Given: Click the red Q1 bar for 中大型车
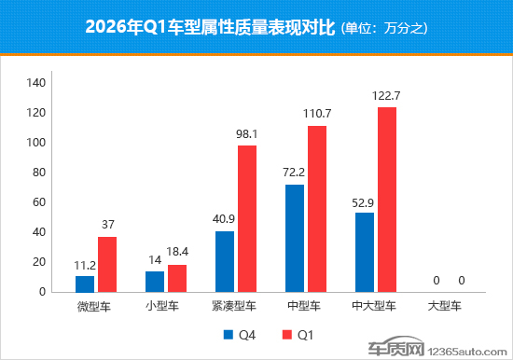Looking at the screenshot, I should tap(386, 200).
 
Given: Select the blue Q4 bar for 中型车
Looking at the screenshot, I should tap(295, 238).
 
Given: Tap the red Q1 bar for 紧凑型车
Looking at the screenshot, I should tap(247, 218).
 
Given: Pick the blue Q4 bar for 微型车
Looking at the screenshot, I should tap(85, 284).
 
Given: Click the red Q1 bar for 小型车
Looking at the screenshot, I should tap(177, 278).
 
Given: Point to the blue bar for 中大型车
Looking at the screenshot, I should tap(365, 252).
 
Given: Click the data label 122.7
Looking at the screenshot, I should tap(386, 96).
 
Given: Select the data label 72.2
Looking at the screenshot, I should tap(295, 173).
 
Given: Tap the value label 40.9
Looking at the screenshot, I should tap(225, 220).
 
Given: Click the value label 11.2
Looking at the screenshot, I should tap(85, 264).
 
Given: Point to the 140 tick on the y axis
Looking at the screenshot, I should tap(35, 83).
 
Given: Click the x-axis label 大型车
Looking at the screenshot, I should tap(445, 305).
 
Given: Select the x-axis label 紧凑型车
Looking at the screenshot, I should tap(236, 305).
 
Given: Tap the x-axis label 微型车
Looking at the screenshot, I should tap(96, 305).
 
